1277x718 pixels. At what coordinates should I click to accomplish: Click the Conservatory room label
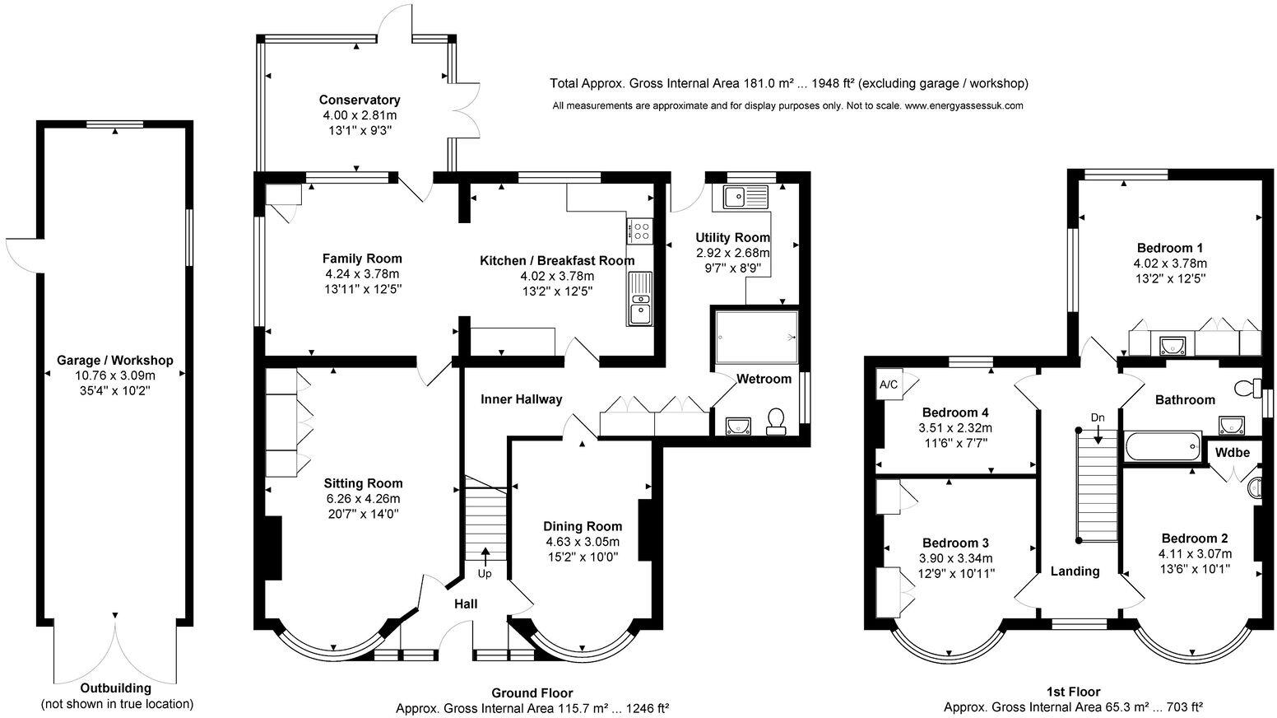(359, 100)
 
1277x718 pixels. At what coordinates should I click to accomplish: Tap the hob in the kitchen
(639, 231)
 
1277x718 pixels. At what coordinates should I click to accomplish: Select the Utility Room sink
(746, 197)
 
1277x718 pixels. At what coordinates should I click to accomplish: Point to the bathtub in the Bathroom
(1163, 446)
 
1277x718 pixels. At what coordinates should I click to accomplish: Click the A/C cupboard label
(888, 385)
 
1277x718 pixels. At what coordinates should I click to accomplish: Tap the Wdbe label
(1232, 452)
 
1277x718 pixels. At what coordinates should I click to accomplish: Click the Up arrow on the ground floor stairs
(485, 556)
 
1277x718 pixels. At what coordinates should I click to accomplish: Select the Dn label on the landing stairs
(1098, 417)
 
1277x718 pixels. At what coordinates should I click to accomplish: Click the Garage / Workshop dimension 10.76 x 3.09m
(115, 375)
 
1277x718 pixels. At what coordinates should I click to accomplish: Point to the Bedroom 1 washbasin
(1173, 346)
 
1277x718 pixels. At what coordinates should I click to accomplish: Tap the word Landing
(1075, 571)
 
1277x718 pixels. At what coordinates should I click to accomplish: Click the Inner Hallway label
(521, 399)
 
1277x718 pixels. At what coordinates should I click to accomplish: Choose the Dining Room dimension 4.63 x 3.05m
(582, 541)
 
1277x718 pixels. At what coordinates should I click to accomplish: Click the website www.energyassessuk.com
(964, 105)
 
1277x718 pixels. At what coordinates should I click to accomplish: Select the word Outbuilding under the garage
(116, 688)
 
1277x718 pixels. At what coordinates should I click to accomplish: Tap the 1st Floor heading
(1074, 692)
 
